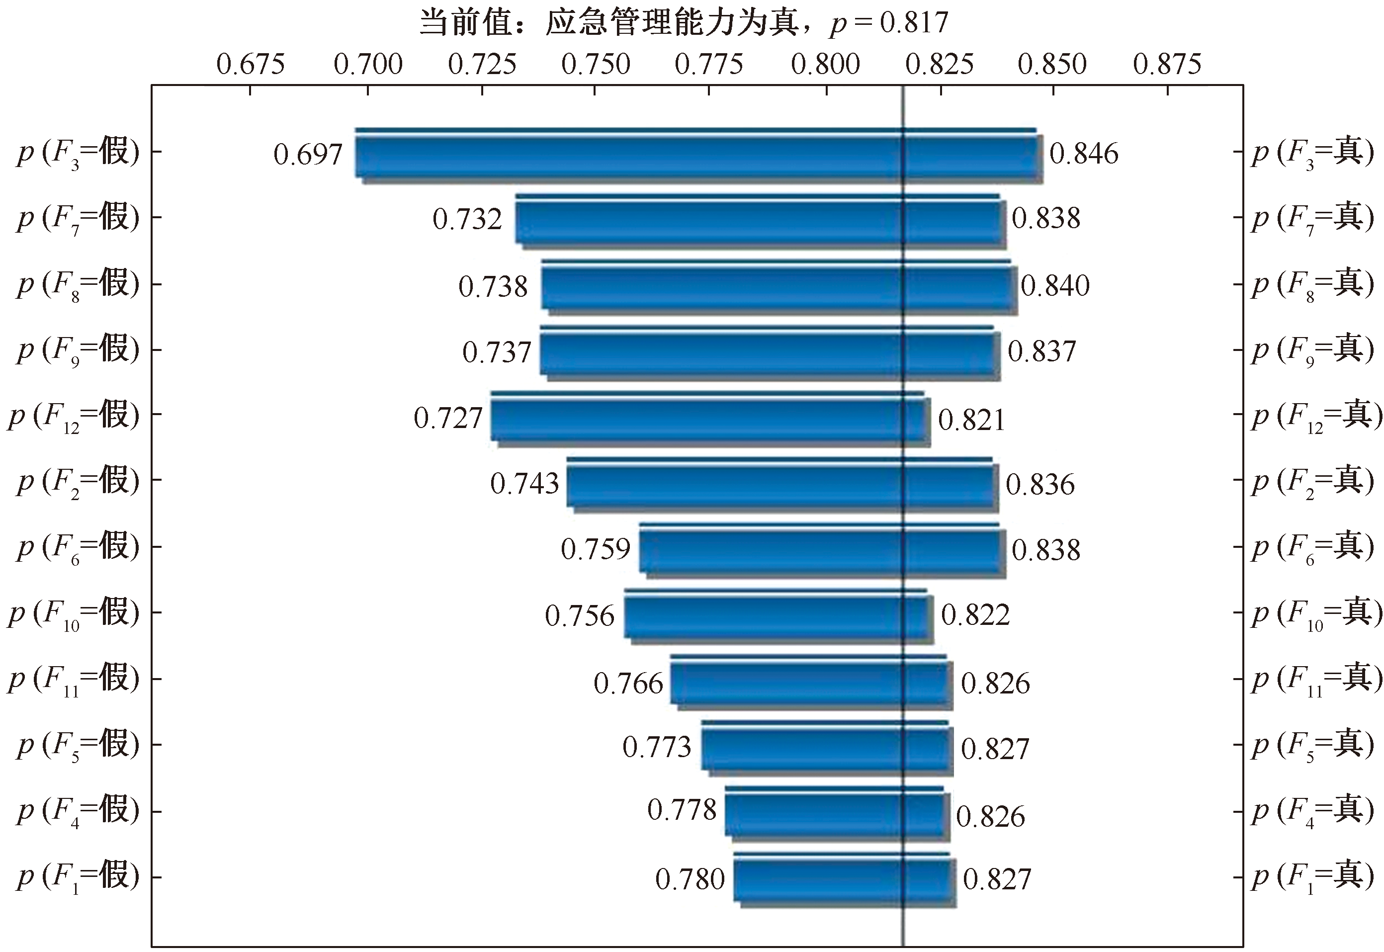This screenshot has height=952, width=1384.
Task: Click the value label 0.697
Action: click(x=308, y=155)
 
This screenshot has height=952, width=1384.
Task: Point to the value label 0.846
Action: click(x=1084, y=154)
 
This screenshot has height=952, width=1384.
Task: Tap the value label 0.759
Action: click(x=596, y=549)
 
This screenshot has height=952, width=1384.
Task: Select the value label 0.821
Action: click(x=972, y=421)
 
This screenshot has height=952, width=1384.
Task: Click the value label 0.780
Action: click(x=690, y=880)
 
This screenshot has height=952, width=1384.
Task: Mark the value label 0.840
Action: click(x=1055, y=286)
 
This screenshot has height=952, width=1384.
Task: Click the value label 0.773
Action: click(x=657, y=747)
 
